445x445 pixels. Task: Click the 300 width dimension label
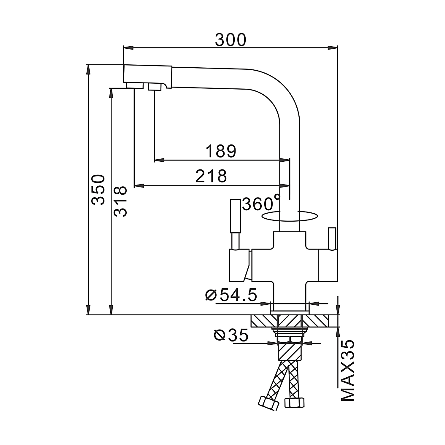231,40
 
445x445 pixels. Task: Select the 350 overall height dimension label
98,190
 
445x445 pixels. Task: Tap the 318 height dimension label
121,201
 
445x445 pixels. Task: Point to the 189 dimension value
221,151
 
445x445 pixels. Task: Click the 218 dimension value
211,176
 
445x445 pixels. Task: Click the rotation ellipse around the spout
290,216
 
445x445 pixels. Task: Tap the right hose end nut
294,402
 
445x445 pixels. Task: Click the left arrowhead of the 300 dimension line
128,47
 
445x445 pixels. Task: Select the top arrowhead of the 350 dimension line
88,70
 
